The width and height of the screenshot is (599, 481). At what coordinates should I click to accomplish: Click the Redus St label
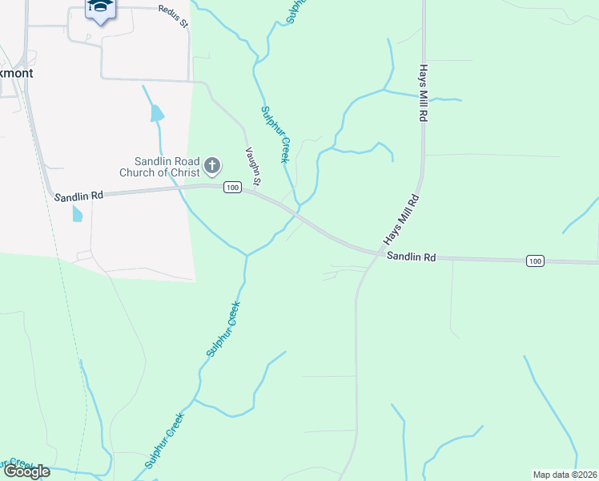click(172, 16)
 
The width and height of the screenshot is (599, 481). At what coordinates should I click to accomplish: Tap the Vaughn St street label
click(252, 166)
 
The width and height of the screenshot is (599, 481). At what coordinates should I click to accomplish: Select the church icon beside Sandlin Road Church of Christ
click(211, 166)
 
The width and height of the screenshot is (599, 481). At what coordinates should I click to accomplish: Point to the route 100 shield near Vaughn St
click(232, 188)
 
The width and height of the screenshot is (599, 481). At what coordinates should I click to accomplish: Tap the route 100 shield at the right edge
click(536, 261)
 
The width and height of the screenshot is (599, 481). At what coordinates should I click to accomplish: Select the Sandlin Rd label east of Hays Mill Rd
click(411, 257)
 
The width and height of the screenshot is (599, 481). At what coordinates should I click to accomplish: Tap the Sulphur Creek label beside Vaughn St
click(274, 135)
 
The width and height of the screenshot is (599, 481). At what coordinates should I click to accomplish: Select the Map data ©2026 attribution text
click(564, 475)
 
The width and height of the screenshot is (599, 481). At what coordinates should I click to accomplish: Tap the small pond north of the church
click(157, 113)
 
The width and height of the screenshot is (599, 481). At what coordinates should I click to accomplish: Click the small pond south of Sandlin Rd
click(77, 213)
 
